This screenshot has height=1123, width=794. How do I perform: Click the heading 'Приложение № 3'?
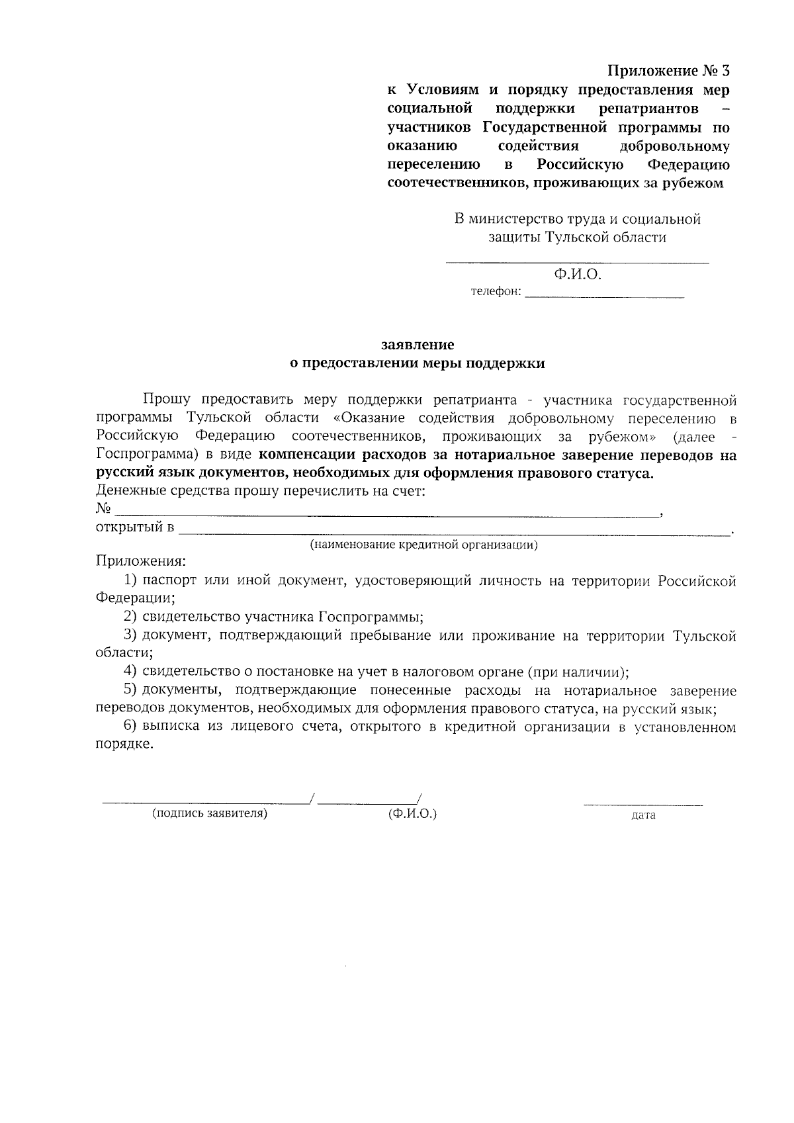[669, 71]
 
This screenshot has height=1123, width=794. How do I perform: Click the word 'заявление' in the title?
[418, 345]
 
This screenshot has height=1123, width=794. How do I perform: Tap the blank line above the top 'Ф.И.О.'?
[576, 263]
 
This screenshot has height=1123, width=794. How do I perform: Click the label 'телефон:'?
[496, 292]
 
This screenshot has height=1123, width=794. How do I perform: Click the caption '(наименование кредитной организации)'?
[424, 545]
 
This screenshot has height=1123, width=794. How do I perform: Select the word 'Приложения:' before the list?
[141, 562]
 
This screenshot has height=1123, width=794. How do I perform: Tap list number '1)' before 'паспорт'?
[130, 581]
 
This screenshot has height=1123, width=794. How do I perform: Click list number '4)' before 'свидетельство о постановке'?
[130, 672]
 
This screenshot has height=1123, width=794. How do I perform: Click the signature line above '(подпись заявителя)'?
[206, 803]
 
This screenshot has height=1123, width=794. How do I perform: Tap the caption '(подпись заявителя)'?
[210, 814]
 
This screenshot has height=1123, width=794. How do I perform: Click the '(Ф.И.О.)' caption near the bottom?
[413, 814]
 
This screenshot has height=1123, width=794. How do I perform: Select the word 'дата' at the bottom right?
[643, 815]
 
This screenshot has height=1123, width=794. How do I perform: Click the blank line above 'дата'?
[642, 805]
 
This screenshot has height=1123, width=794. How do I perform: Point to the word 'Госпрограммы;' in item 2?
[371, 617]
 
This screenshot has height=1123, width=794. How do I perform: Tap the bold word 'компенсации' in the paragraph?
[302, 455]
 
